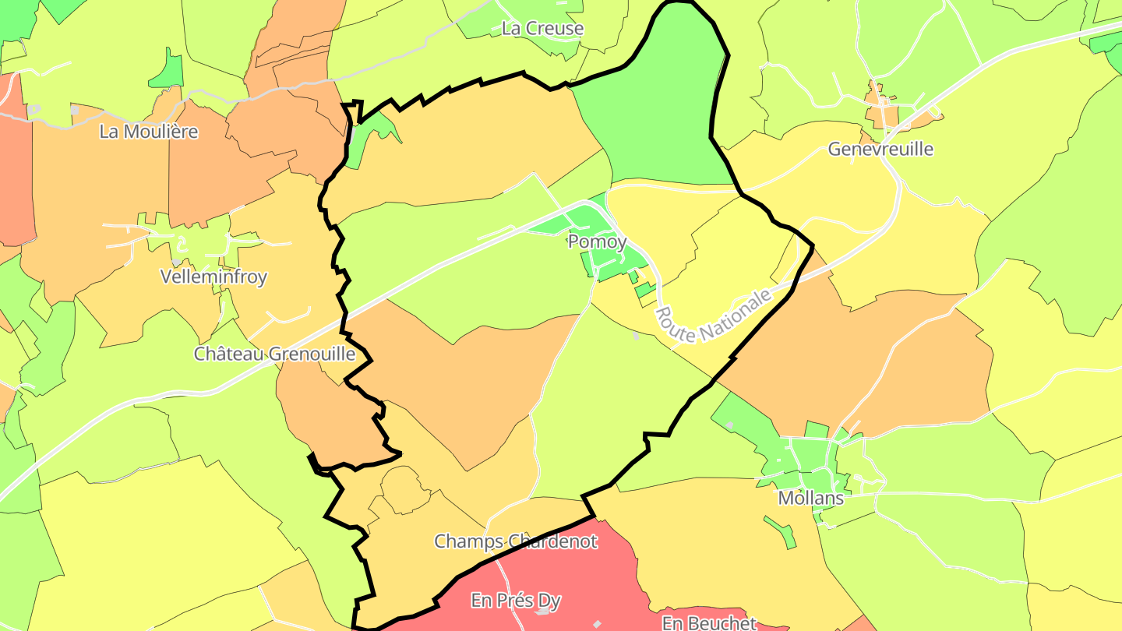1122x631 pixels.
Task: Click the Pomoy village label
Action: tap(597, 242)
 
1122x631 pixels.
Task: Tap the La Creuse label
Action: tap(542, 29)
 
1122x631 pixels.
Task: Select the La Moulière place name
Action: tap(149, 132)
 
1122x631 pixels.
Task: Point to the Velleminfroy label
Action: tap(213, 277)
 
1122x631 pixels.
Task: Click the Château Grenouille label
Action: tap(274, 354)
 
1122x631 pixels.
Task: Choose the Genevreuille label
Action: tap(880, 149)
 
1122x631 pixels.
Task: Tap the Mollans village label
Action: tap(810, 498)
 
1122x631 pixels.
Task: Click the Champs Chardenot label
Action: tap(516, 541)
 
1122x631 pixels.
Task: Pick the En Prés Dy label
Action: tap(516, 601)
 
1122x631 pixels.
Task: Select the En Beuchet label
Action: tap(709, 622)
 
